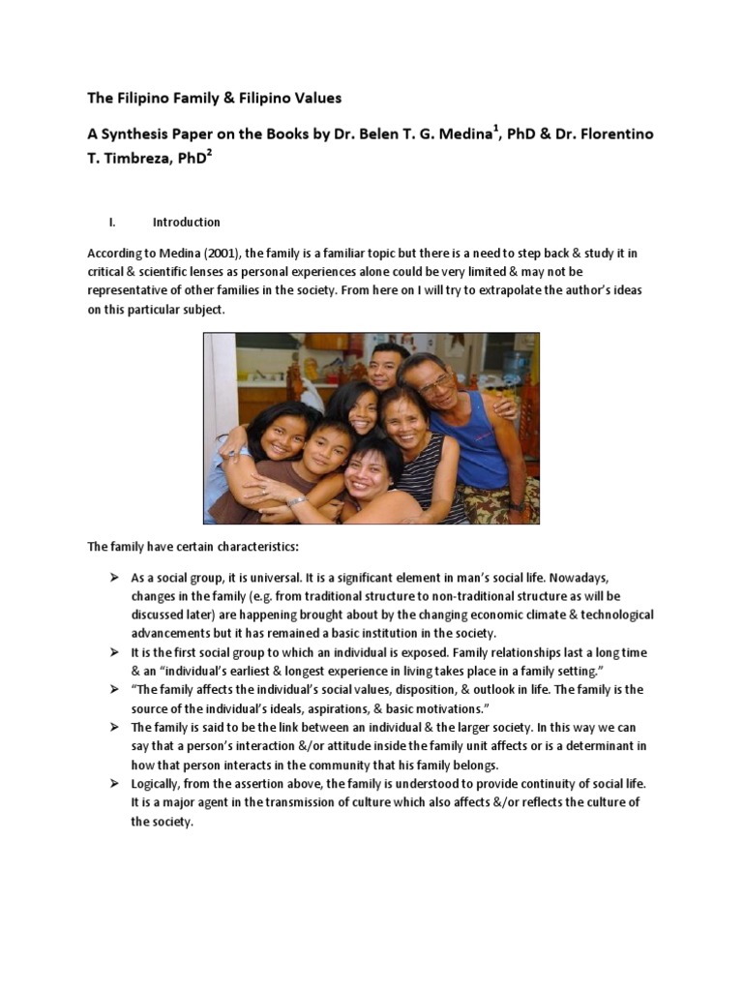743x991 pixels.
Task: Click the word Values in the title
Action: (318, 98)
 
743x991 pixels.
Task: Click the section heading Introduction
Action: (186, 222)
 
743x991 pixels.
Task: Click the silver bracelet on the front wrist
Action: (297, 500)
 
